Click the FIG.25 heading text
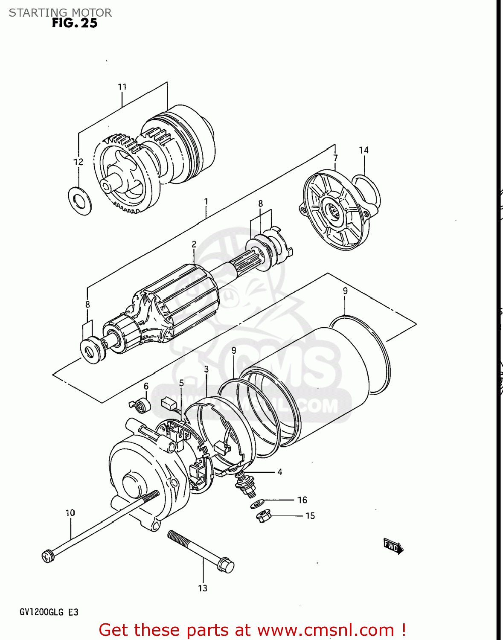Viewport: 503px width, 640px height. [75, 23]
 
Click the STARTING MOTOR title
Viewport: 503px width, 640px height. [60, 12]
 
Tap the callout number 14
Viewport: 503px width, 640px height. [363, 150]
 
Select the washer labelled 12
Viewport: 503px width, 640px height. [79, 200]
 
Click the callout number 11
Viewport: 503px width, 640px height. [122, 87]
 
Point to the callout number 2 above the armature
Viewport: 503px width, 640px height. [194, 244]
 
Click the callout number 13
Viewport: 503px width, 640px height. [203, 588]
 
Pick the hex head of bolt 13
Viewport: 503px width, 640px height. [226, 565]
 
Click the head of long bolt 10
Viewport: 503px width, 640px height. [48, 556]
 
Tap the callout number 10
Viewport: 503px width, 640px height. [70, 512]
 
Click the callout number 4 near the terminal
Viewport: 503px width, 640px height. [280, 472]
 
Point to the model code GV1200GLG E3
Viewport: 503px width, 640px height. [49, 612]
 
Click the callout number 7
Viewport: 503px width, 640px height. [335, 158]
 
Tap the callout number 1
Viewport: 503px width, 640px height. [206, 201]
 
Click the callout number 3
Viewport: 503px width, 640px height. [206, 369]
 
